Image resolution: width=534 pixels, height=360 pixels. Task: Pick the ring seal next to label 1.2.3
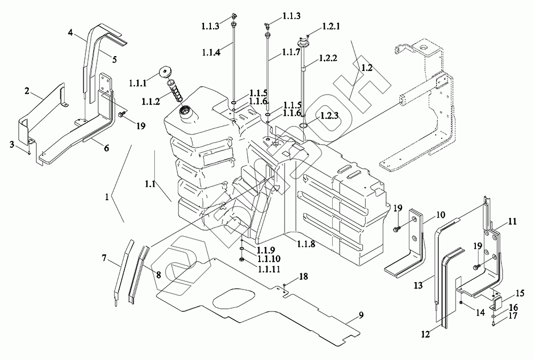click(x=304, y=126)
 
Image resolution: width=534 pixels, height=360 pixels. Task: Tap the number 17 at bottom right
click(x=513, y=316)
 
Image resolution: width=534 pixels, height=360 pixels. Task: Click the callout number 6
click(x=106, y=148)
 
